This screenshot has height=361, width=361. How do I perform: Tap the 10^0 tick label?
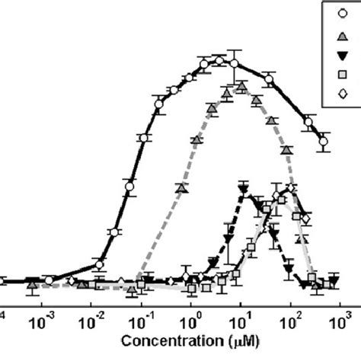coord(193,314)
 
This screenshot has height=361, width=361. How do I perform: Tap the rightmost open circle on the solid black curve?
coord(324,142)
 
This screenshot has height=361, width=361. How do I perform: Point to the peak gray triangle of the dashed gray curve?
coord(241,88)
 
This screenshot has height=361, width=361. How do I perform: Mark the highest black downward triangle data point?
coord(244,188)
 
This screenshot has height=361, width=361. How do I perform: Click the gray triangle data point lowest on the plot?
coord(132,291)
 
